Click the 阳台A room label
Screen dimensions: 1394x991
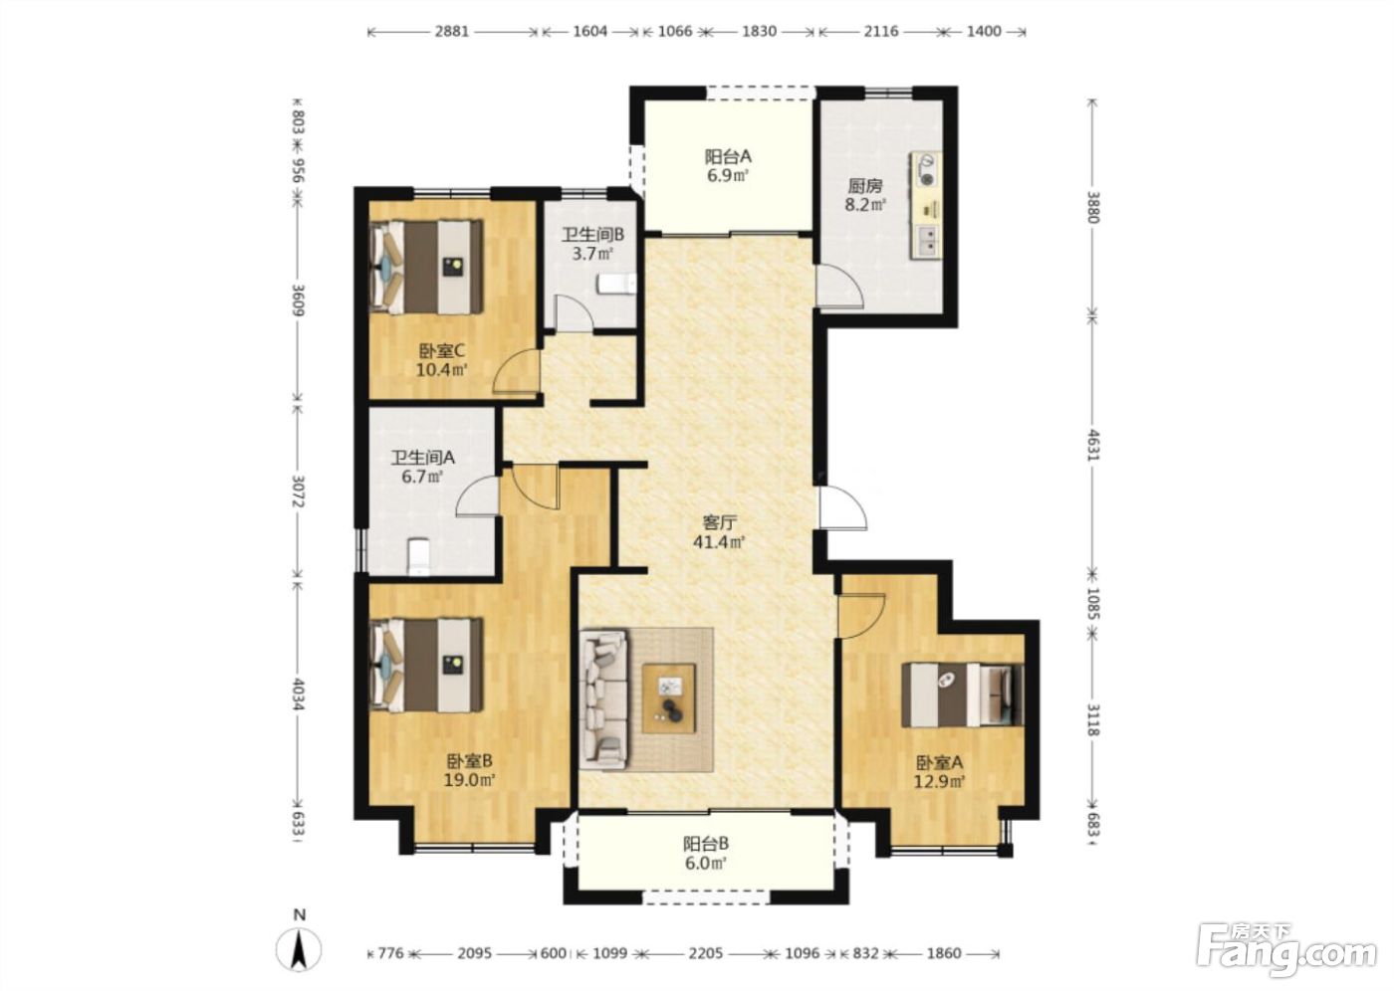point(728,156)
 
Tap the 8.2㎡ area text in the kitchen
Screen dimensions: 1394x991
point(865,205)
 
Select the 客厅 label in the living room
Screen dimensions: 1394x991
point(719,522)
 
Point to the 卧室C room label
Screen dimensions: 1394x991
point(442,351)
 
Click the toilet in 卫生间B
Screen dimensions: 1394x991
point(617,285)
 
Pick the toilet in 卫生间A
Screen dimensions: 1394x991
point(418,557)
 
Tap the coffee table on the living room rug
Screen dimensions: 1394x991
point(669,698)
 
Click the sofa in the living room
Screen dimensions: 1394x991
point(603,700)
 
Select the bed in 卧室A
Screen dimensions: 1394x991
point(963,694)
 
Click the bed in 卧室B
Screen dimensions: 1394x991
point(426,665)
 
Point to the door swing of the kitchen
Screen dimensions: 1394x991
point(839,286)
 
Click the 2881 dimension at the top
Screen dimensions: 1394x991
point(452,31)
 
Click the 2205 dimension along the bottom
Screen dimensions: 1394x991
point(706,952)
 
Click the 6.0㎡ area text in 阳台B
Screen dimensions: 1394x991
point(706,863)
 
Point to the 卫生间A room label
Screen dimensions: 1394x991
point(423,458)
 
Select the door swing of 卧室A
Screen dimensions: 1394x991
point(861,616)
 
